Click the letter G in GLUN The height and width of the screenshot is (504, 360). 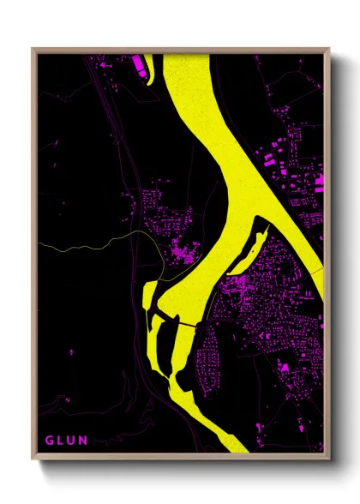pyautogui.click(x=48, y=441)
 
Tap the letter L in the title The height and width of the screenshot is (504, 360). pyautogui.click(x=61, y=441)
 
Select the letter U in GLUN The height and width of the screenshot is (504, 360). pyautogui.click(x=73, y=441)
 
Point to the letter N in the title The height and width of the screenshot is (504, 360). pyautogui.click(x=86, y=441)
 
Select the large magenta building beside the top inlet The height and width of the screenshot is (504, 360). pyautogui.click(x=138, y=62)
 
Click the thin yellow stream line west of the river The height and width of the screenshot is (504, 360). pyautogui.click(x=86, y=244)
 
